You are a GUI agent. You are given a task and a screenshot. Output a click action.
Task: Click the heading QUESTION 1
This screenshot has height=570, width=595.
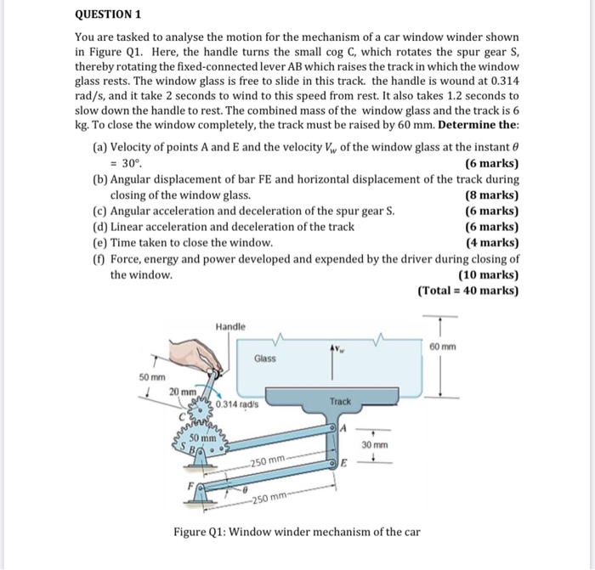point(108,14)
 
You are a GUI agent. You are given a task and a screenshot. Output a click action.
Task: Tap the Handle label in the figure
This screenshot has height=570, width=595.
point(230,326)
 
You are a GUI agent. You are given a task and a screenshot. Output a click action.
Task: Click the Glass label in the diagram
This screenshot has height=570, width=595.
point(264,358)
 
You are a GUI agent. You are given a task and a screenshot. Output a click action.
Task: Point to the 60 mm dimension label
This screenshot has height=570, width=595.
point(443,347)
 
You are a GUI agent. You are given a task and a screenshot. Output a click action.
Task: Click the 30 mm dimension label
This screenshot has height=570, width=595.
point(374,444)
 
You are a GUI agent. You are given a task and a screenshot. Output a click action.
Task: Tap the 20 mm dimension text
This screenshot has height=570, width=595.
point(181,390)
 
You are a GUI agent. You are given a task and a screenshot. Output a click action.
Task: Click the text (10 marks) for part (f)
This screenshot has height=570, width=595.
point(488,274)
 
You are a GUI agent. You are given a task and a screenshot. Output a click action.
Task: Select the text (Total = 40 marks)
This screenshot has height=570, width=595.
point(467,290)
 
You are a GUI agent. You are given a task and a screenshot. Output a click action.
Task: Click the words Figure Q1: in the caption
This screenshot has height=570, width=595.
point(201,532)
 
